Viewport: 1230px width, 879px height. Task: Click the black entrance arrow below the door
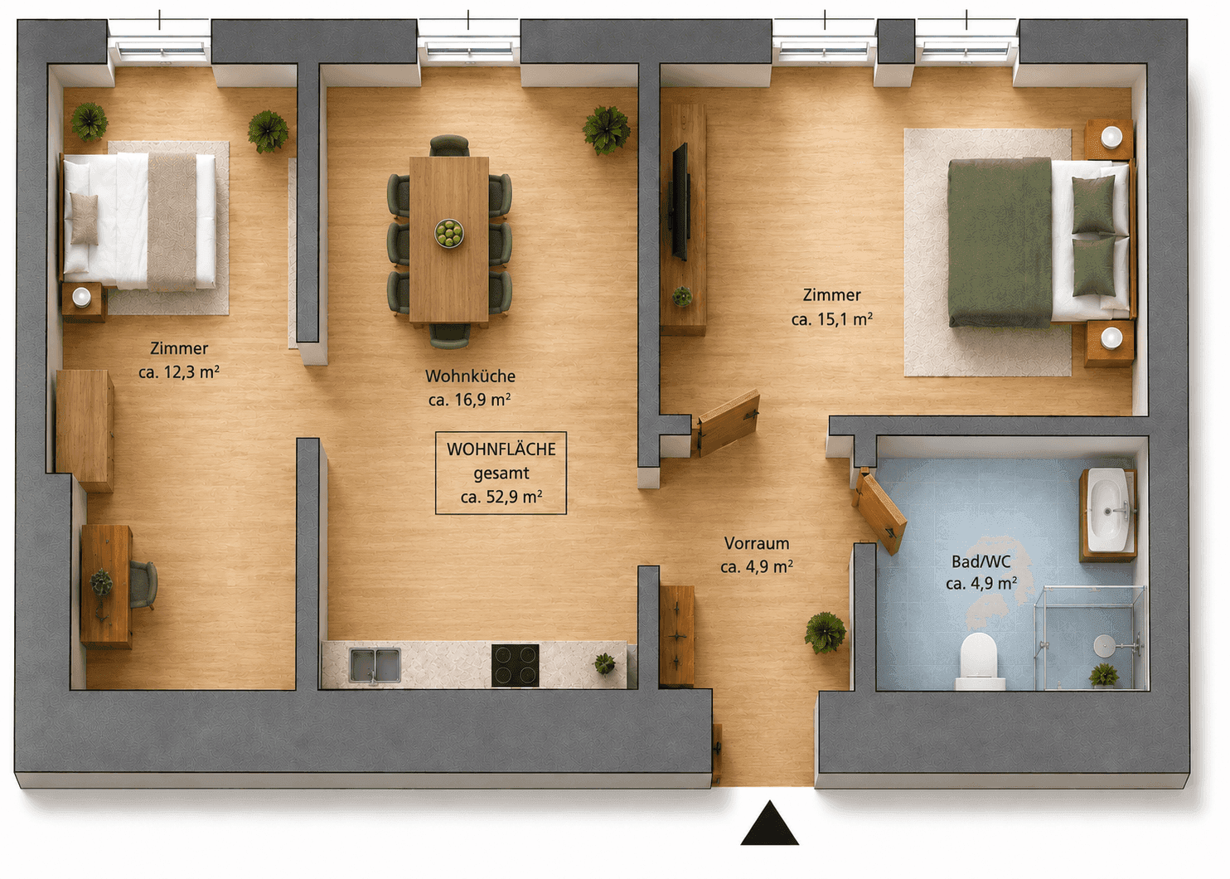[x=769, y=824]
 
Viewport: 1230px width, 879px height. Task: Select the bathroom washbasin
[x=1108, y=510]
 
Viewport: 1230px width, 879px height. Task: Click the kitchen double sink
[x=375, y=665]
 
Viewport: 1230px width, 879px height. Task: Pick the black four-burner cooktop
[x=515, y=665]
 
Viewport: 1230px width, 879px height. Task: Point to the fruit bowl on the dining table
[x=449, y=233]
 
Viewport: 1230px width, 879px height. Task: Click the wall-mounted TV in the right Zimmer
[x=680, y=202]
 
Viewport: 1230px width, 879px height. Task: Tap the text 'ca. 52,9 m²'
[x=501, y=497]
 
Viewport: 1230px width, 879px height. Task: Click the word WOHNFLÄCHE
[x=501, y=449]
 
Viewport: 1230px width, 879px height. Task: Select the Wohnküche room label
[x=471, y=376]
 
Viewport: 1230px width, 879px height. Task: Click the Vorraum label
[x=757, y=543]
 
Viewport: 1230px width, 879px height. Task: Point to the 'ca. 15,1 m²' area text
[x=832, y=319]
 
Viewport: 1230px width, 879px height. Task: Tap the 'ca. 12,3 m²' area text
[x=179, y=372]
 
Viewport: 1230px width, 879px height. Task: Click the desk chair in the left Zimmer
[x=143, y=585]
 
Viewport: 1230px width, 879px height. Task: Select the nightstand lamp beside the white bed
[x=82, y=297]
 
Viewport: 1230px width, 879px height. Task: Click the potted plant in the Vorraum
[x=825, y=633]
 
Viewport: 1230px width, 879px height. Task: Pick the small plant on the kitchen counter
[x=604, y=663]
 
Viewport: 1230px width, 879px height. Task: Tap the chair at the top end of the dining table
[x=449, y=146]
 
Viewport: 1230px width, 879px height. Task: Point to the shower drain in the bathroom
[x=1102, y=646]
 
